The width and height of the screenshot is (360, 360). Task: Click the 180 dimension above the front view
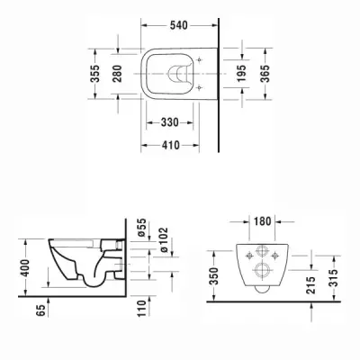click(261, 220)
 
